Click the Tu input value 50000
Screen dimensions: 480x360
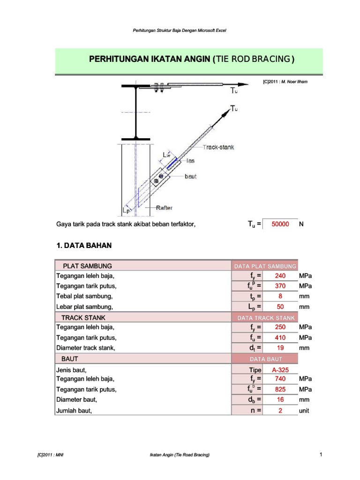(x=280, y=225)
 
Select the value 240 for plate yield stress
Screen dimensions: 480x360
(x=280, y=276)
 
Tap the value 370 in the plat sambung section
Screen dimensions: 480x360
(x=280, y=286)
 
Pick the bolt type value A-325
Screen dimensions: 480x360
(x=280, y=370)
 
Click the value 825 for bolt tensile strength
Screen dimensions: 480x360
(x=280, y=390)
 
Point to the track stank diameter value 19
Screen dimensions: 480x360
(x=280, y=348)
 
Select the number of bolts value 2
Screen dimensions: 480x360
(x=280, y=410)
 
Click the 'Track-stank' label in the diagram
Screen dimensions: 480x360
(x=218, y=147)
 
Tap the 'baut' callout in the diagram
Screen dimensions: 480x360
(x=191, y=177)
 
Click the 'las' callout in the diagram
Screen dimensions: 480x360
(x=191, y=161)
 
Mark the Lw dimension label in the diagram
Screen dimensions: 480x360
(x=166, y=155)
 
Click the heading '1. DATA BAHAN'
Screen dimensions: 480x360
(x=84, y=245)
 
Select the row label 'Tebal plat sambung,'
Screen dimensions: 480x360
(x=85, y=296)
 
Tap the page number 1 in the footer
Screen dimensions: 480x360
(x=321, y=454)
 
